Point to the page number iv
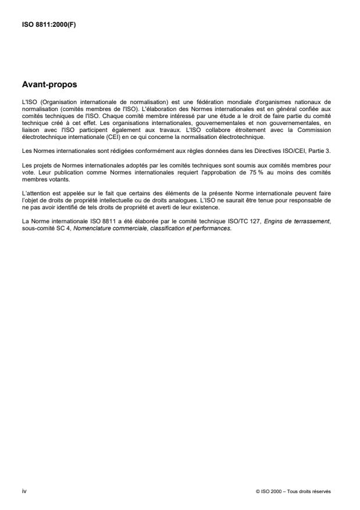tap(24, 491)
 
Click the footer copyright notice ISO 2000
tap(293, 491)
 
